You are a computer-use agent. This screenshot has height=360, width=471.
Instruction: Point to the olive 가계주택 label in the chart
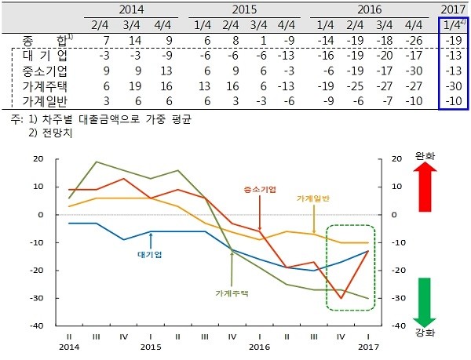point(232,293)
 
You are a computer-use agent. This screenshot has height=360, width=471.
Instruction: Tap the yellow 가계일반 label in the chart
point(313,200)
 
